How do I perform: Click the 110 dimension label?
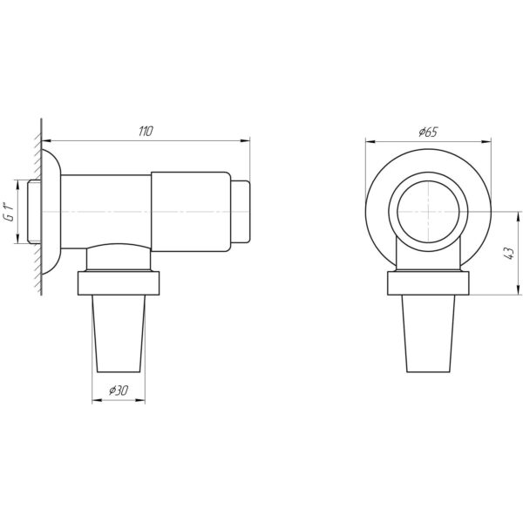point(146,131)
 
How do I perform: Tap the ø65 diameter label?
point(428,132)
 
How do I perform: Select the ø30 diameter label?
point(119,390)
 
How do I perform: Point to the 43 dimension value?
point(509,253)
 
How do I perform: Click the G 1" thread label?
point(10,212)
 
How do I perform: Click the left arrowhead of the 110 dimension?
point(46,141)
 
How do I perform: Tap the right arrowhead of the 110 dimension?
point(246,141)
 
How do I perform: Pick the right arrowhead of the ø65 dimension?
point(486,142)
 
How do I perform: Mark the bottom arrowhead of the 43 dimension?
point(518,290)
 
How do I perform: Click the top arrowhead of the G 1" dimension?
point(17,185)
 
